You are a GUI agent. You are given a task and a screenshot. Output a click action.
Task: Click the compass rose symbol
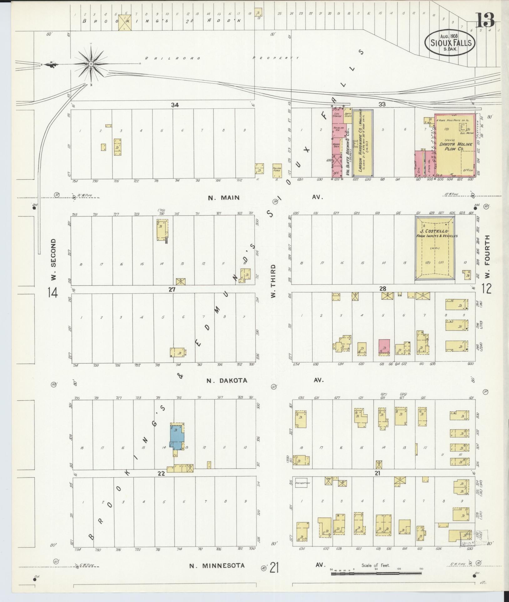coord(91,64)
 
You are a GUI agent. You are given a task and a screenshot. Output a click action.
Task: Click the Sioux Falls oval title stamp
coord(450,42)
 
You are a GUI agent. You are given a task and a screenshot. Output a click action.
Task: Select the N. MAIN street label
coord(224,197)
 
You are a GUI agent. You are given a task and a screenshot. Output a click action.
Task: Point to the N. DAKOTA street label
coord(227,381)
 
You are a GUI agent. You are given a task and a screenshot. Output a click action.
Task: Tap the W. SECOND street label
coord(53,260)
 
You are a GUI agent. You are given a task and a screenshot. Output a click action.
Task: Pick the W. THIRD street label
coord(273,281)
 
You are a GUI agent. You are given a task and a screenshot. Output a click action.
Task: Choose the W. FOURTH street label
coord(487,259)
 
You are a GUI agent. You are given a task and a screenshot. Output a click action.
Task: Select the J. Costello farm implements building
coord(435,248)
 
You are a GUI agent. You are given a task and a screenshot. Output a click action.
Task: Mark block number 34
coord(175,105)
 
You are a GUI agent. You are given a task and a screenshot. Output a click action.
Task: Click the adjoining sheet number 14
coord(53,293)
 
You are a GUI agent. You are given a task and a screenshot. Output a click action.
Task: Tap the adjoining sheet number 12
coord(486,288)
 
